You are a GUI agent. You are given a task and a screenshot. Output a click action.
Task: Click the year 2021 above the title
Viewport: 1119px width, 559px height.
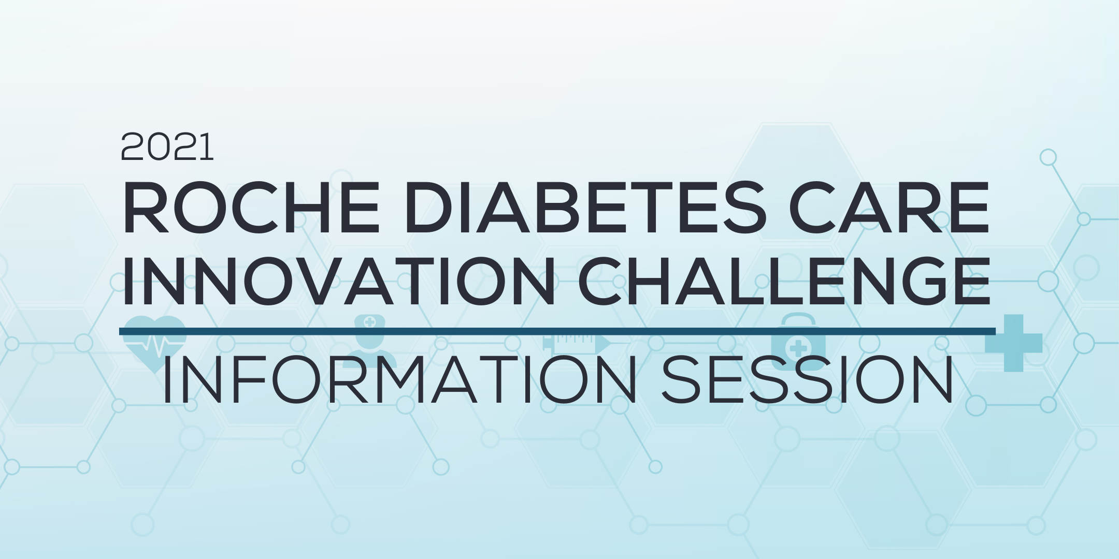(167, 148)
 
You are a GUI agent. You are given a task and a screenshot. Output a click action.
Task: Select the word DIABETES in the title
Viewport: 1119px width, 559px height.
(585, 210)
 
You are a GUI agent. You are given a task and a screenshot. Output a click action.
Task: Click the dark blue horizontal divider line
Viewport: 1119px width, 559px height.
(557, 331)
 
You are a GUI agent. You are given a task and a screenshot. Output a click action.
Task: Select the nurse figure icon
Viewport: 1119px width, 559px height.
(369, 344)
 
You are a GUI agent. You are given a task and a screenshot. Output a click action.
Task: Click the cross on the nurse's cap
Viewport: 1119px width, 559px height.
(369, 322)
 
